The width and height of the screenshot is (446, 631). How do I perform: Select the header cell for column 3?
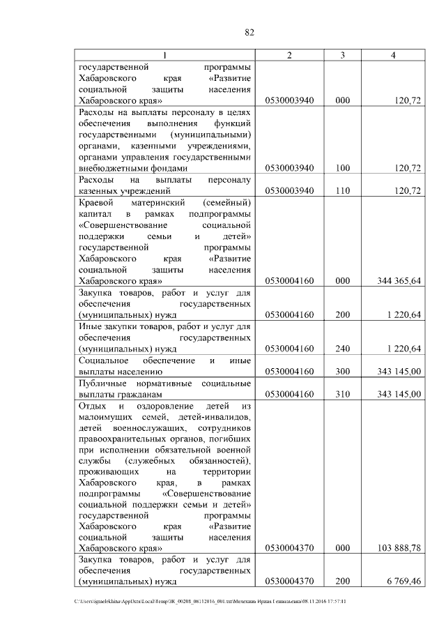click(343, 55)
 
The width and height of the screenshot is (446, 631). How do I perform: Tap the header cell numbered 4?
click(394, 55)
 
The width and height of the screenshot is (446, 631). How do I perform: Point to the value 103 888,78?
click(397, 549)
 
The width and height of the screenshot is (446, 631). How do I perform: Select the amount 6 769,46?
click(400, 579)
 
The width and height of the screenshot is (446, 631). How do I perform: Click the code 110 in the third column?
click(342, 190)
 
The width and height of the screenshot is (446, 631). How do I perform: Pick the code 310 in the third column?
click(342, 395)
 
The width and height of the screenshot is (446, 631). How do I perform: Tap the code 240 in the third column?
click(342, 349)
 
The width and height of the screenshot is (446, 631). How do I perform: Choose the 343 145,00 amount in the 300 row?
click(398, 372)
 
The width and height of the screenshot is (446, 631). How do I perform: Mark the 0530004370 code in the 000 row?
click(290, 549)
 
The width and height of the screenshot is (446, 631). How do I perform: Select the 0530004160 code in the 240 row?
click(290, 349)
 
